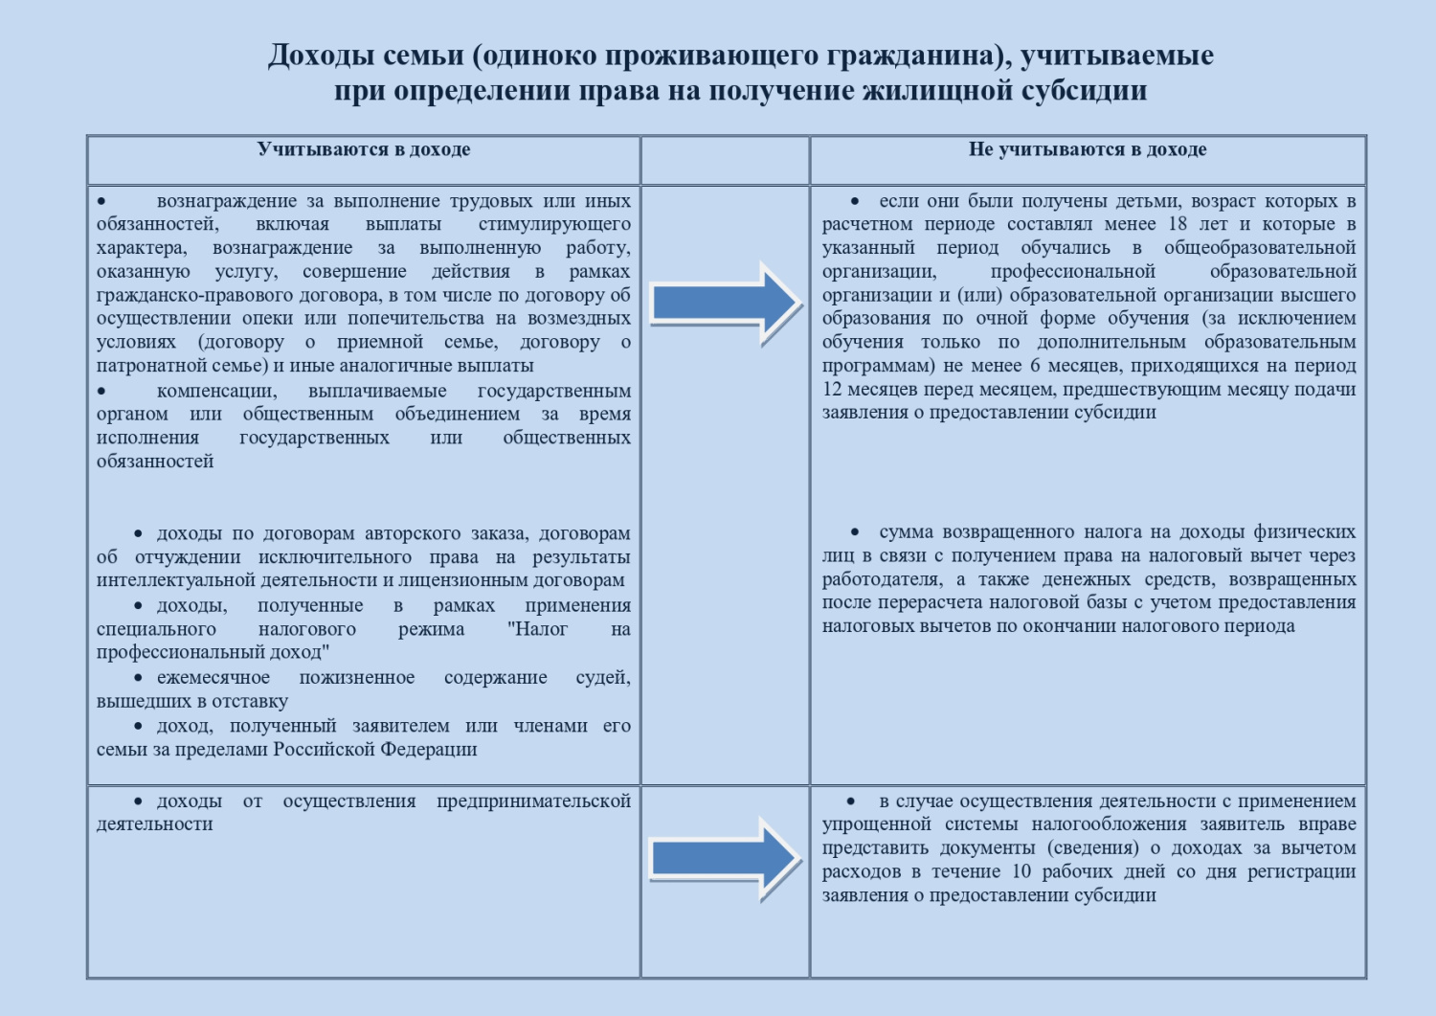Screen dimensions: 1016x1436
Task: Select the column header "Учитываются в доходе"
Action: (364, 149)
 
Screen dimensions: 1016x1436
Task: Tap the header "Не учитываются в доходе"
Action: (1088, 149)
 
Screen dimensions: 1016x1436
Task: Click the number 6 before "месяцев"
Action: (1035, 366)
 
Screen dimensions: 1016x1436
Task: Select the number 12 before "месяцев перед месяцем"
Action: (831, 389)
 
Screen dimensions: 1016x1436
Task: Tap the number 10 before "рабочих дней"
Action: (1021, 871)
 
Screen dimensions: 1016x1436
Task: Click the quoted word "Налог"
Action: (537, 629)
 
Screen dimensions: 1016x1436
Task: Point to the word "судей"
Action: (602, 678)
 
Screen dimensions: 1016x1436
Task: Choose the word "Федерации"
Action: (429, 749)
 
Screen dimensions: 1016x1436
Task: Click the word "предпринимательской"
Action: (533, 801)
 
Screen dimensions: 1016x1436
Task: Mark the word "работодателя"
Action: (881, 579)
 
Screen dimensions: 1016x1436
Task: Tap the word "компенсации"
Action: (216, 391)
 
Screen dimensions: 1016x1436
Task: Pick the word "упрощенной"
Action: (877, 824)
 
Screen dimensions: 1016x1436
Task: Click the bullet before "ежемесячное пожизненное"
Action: (139, 678)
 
